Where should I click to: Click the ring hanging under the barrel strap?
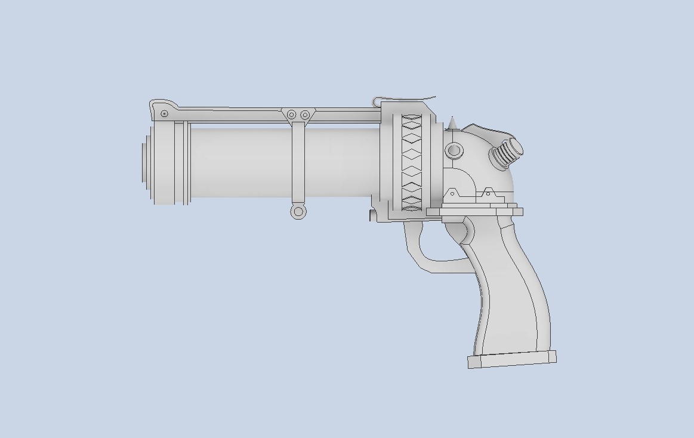click(x=298, y=211)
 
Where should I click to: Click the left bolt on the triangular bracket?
click(x=292, y=115)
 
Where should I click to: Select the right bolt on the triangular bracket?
click(x=305, y=115)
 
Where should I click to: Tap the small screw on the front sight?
click(x=165, y=113)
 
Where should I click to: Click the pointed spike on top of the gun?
click(x=452, y=123)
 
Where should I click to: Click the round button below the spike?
click(x=454, y=150)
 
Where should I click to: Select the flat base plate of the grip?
click(x=512, y=360)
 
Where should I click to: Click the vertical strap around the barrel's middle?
click(x=298, y=164)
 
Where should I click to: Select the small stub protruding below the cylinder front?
click(x=372, y=215)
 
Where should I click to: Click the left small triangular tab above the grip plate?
click(x=452, y=193)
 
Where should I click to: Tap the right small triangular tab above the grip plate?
click(x=488, y=192)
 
